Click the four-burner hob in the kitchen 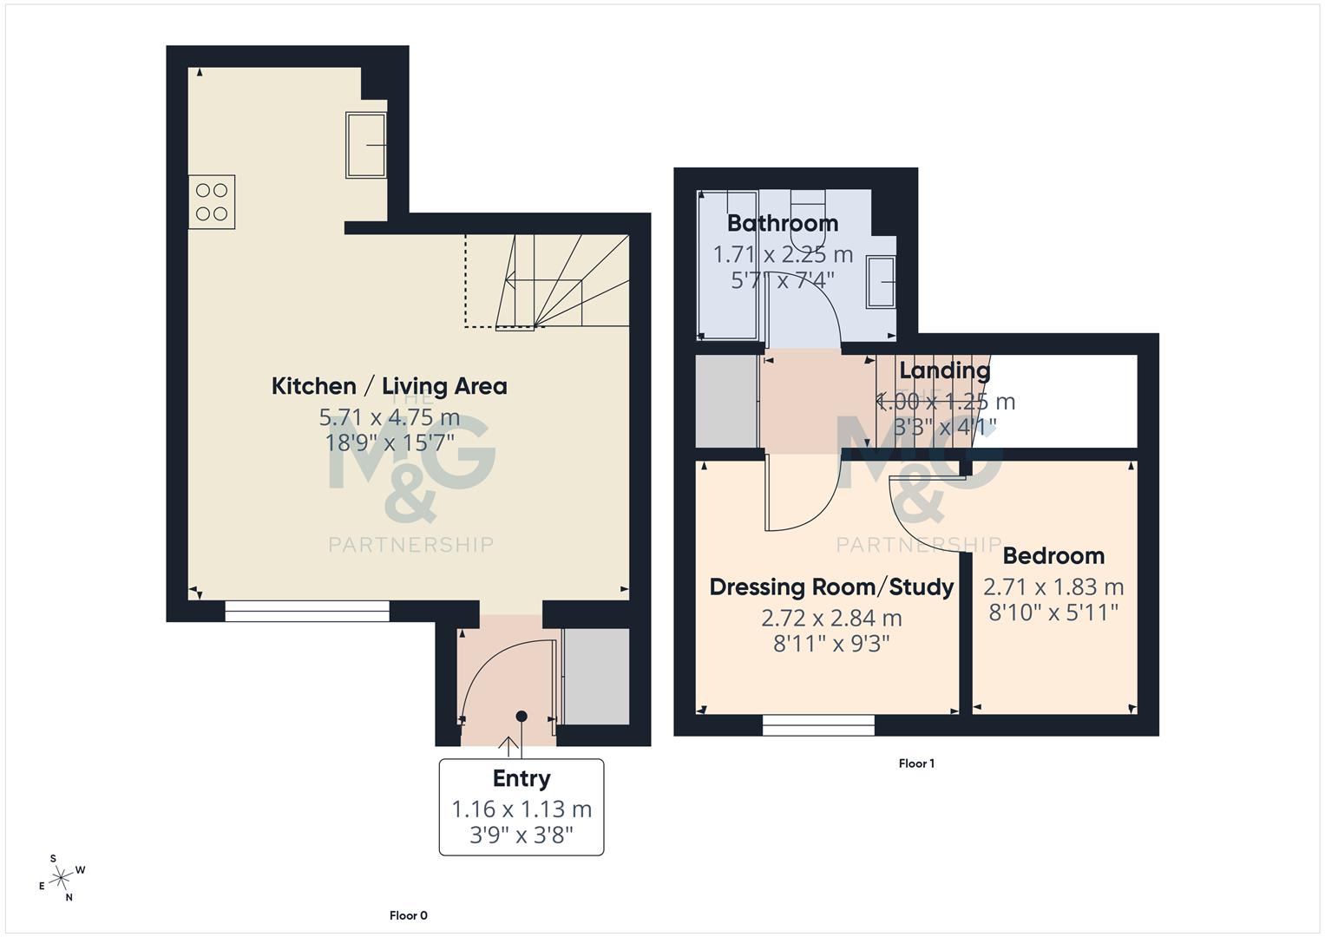212,202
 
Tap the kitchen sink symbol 366,145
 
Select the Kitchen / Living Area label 389,386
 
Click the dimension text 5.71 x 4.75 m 389,417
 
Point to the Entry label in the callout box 521,778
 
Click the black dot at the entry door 521,716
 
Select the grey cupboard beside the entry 596,677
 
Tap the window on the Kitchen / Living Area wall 307,612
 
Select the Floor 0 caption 408,915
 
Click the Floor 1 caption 916,763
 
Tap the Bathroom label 783,223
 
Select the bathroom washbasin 882,282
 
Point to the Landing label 944,370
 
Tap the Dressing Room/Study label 831,587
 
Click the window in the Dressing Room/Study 818,725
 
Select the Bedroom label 1053,556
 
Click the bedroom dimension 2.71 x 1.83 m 1053,587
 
